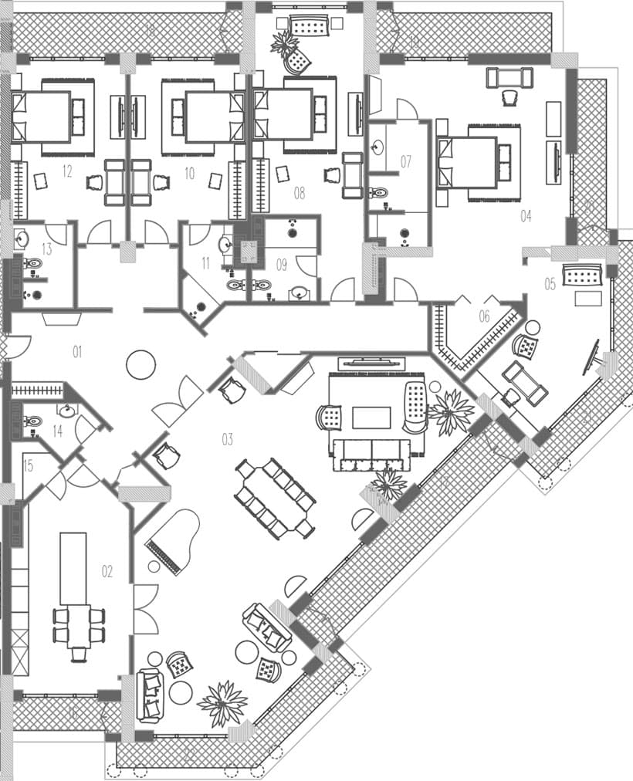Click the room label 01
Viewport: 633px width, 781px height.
pyautogui.click(x=77, y=352)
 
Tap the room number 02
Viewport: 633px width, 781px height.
pyautogui.click(x=107, y=571)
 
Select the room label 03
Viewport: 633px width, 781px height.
pyautogui.click(x=227, y=439)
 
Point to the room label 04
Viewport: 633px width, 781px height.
pyautogui.click(x=526, y=216)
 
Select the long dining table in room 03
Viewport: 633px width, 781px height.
pyautogui.click(x=276, y=499)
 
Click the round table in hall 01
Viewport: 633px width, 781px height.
pyautogui.click(x=140, y=364)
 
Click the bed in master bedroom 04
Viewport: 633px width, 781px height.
pyautogui.click(x=469, y=162)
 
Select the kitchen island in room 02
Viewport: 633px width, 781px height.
pyautogui.click(x=73, y=569)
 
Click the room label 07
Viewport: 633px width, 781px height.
pyautogui.click(x=406, y=161)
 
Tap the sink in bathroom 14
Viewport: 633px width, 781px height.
pyautogui.click(x=67, y=411)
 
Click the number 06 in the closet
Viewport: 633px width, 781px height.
pyautogui.click(x=485, y=316)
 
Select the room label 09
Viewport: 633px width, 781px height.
pyautogui.click(x=281, y=265)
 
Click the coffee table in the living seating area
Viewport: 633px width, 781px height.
pyautogui.click(x=373, y=418)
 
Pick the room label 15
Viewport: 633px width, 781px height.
pyautogui.click(x=29, y=465)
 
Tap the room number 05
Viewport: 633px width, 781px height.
pyautogui.click(x=550, y=284)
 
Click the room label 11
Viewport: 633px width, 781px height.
pyautogui.click(x=205, y=263)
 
